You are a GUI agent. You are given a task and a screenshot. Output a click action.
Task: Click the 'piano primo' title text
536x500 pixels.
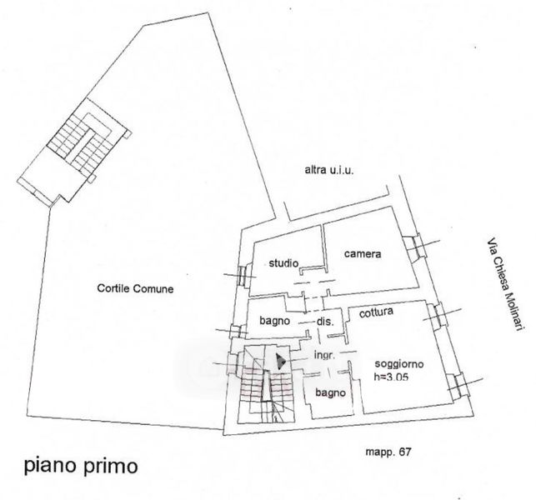tap(81, 466)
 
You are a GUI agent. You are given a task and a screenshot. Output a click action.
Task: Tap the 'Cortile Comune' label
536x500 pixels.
tap(135, 288)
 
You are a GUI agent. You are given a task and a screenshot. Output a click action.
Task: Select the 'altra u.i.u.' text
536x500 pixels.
tap(329, 170)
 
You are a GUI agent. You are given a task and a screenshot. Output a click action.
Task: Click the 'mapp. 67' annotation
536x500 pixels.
tap(388, 452)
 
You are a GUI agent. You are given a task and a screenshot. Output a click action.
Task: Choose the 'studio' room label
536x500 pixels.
tap(283, 263)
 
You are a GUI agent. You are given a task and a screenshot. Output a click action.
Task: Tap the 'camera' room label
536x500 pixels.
tap(363, 254)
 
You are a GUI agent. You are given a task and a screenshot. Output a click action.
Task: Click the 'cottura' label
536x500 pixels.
tap(376, 312)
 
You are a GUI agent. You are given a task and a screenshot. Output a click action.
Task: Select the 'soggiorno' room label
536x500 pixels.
tap(399, 364)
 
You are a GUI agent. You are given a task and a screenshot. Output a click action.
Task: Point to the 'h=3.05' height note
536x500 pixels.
tap(391, 377)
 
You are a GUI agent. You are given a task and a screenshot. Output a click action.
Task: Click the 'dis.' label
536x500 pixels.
tap(325, 322)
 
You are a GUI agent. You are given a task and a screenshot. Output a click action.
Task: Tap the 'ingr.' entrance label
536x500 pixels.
tap(324, 356)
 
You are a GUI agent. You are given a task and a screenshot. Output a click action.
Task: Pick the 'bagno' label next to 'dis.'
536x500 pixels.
tap(274, 322)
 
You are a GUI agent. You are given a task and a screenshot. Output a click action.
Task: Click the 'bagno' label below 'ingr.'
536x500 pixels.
tap(330, 393)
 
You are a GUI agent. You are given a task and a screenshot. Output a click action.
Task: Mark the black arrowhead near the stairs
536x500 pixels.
tap(281, 362)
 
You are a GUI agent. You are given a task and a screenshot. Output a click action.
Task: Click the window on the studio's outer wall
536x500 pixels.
tap(243, 276)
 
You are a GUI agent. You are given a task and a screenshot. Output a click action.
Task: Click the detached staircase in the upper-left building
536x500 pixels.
tap(80, 143)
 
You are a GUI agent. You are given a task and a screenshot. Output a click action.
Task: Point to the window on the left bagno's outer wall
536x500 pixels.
tap(235, 332)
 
